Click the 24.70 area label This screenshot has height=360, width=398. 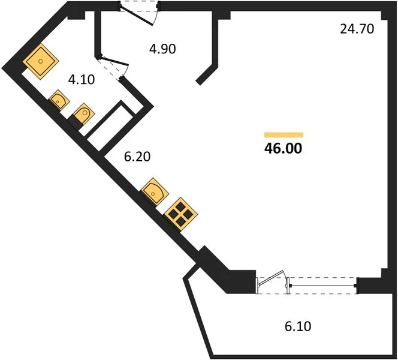[x=357, y=29]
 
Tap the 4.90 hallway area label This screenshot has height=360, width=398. [x=162, y=49]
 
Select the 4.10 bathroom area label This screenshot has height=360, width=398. [x=82, y=80]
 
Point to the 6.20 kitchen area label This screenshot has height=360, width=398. [x=137, y=156]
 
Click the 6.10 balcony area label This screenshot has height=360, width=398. [x=298, y=326]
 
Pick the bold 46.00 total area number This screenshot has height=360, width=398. [x=284, y=148]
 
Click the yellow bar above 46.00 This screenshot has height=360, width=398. [x=284, y=134]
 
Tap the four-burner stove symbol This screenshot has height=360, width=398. [x=181, y=214]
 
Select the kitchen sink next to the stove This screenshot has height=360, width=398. [x=155, y=191]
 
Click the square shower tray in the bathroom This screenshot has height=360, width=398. [x=41, y=61]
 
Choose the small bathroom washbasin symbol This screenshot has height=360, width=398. [x=59, y=100]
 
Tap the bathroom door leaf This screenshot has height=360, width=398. [x=114, y=61]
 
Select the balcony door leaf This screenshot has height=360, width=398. [x=271, y=278]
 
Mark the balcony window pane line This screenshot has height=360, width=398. [x=324, y=286]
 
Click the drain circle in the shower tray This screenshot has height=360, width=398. [x=41, y=61]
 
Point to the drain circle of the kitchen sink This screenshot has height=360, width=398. [x=153, y=194]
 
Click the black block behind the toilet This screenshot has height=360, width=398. [x=76, y=122]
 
